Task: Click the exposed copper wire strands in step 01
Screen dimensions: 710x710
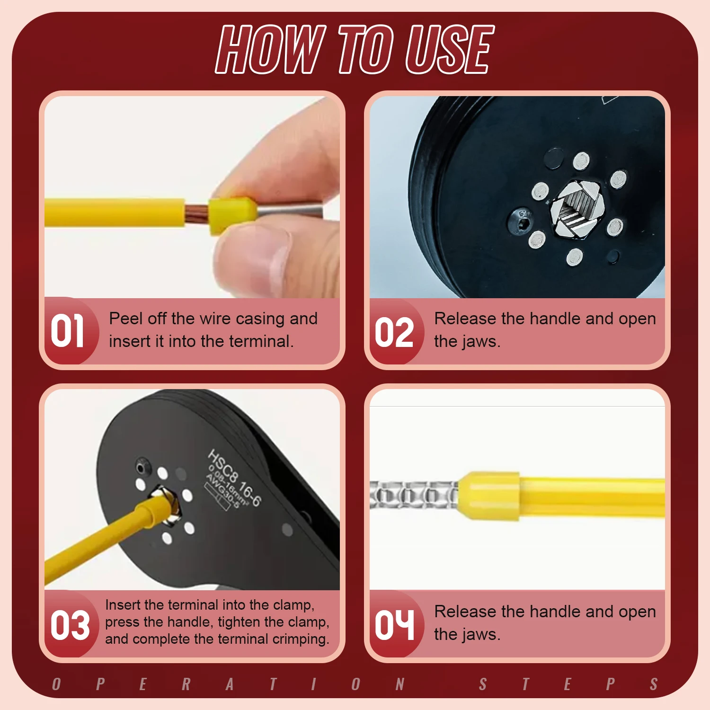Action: tap(196, 215)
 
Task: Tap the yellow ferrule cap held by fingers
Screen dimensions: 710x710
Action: tap(232, 215)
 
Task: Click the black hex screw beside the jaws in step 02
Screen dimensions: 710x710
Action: tap(521, 222)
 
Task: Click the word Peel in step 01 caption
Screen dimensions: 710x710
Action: tap(125, 319)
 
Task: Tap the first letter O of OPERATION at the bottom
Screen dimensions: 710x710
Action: tap(57, 684)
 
